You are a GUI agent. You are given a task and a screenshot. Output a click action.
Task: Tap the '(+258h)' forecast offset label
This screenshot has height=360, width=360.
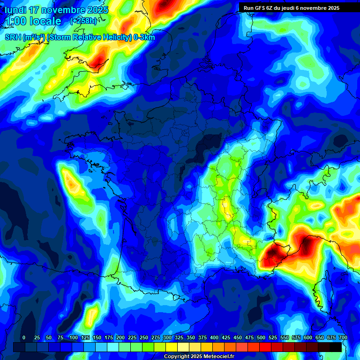point(83,21)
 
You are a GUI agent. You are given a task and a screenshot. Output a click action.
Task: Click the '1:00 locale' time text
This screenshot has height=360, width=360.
point(33,21)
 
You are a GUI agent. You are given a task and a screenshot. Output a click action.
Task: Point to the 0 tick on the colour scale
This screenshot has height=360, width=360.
point(24,337)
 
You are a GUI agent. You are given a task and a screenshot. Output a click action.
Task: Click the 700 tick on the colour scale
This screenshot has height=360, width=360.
point(343,337)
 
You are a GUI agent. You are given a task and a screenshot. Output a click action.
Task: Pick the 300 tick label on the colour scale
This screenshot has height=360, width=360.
point(167,337)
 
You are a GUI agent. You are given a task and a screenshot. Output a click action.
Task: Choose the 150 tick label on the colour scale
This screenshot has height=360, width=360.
point(97,337)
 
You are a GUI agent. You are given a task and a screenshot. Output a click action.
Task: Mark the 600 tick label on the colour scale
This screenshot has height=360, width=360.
point(308,337)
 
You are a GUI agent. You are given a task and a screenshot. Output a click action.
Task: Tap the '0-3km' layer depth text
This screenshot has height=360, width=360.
point(144,37)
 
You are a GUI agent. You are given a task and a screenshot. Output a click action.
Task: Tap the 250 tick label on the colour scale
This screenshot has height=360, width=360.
point(144,337)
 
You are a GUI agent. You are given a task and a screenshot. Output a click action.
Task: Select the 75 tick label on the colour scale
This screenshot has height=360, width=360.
point(60,337)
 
